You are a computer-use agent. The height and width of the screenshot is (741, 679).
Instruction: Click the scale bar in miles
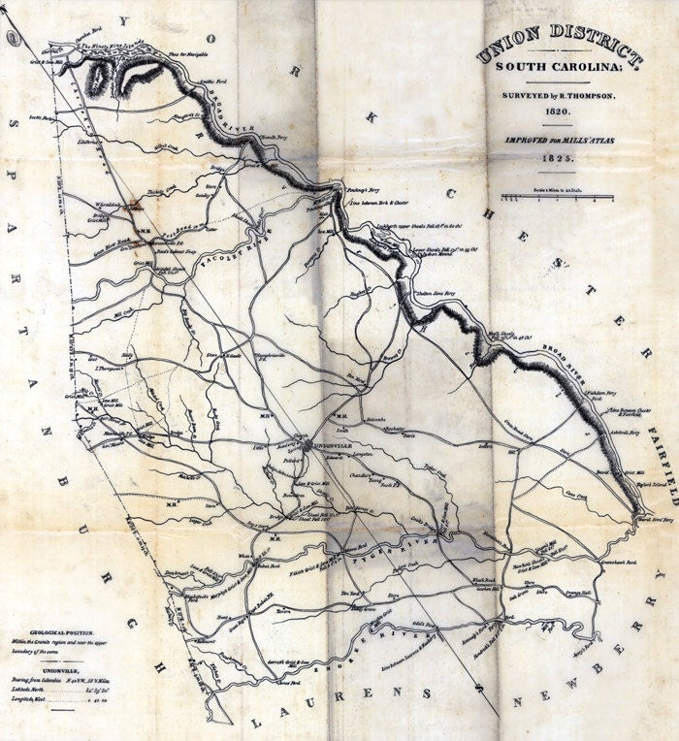557,198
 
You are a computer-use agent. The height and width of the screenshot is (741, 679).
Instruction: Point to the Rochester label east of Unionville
394,428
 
